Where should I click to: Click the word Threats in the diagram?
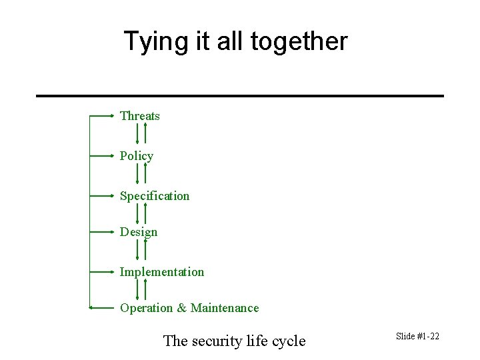(140, 116)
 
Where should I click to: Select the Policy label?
(137, 156)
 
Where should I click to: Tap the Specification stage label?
(155, 196)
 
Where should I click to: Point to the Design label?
(139, 232)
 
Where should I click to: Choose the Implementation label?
(162, 272)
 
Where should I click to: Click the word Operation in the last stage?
(147, 308)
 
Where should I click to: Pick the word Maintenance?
(225, 308)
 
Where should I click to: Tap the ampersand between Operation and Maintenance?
(181, 308)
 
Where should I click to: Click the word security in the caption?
(218, 341)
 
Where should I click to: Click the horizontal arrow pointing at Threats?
(102, 116)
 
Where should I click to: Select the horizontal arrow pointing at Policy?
(102, 156)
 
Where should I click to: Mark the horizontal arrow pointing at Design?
(102, 232)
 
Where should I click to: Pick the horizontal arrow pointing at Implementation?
(102, 272)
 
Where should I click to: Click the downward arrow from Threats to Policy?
(137, 133)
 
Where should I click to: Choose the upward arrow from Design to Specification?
(145, 213)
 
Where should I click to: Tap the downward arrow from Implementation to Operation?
(137, 289)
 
